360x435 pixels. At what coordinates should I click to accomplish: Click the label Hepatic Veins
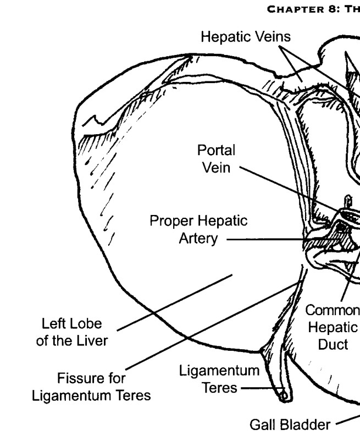click(246, 37)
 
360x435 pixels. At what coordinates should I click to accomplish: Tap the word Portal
click(216, 150)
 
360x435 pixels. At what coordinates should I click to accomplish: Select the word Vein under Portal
click(216, 168)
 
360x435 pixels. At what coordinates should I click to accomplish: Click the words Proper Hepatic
click(198, 221)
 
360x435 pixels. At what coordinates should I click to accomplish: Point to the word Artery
click(198, 239)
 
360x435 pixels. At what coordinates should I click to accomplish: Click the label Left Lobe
click(72, 323)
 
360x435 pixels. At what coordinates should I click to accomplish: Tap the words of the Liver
click(72, 340)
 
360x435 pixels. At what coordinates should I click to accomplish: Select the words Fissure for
click(91, 378)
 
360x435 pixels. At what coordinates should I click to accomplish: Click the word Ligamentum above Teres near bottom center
click(219, 371)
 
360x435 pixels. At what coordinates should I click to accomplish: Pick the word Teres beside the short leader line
click(220, 388)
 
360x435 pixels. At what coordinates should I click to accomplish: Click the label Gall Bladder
click(290, 425)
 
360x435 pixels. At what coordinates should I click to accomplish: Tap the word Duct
click(333, 345)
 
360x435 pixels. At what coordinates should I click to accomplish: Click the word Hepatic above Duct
click(333, 327)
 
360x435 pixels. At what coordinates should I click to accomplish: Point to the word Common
click(333, 310)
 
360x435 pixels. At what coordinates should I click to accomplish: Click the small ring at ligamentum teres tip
click(284, 396)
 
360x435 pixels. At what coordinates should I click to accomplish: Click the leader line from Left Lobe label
click(175, 302)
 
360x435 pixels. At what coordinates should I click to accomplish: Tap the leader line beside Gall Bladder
click(348, 420)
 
